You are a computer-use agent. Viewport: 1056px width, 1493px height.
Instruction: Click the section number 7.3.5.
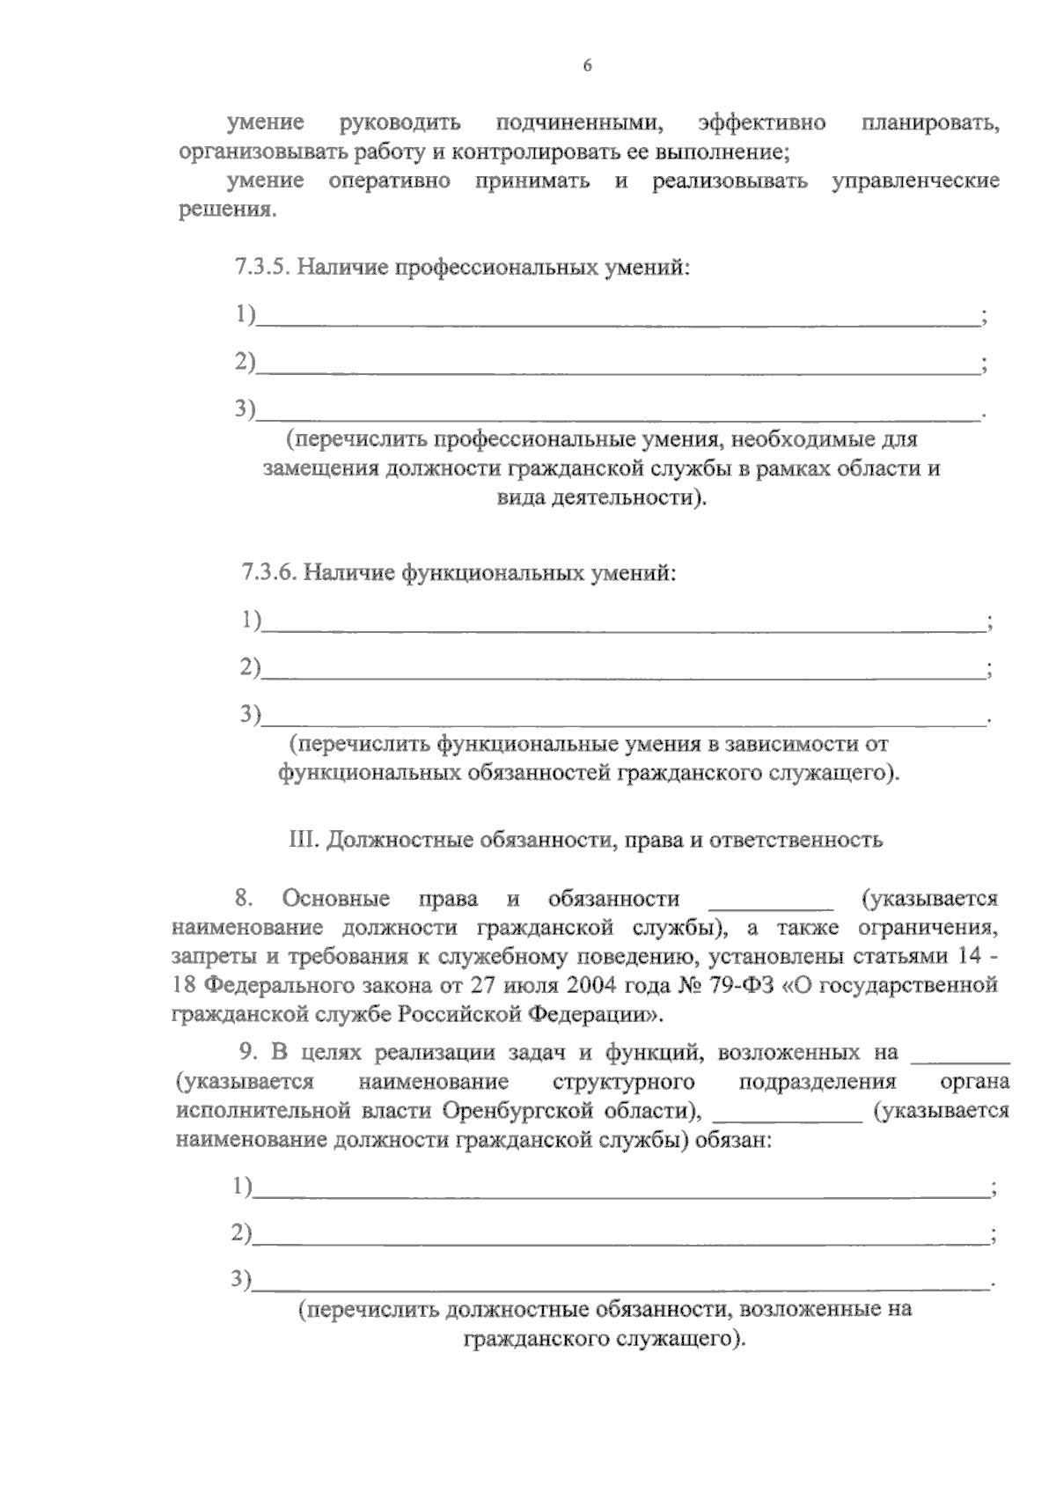(261, 267)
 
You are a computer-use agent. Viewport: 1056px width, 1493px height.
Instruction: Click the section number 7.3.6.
(269, 573)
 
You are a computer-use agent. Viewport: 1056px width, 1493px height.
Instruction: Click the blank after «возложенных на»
(962, 1052)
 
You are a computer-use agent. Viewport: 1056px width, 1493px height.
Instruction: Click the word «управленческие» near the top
(915, 181)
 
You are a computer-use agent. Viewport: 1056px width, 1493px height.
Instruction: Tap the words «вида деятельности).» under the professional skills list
(603, 498)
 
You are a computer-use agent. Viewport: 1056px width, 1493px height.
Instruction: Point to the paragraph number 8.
(244, 900)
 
